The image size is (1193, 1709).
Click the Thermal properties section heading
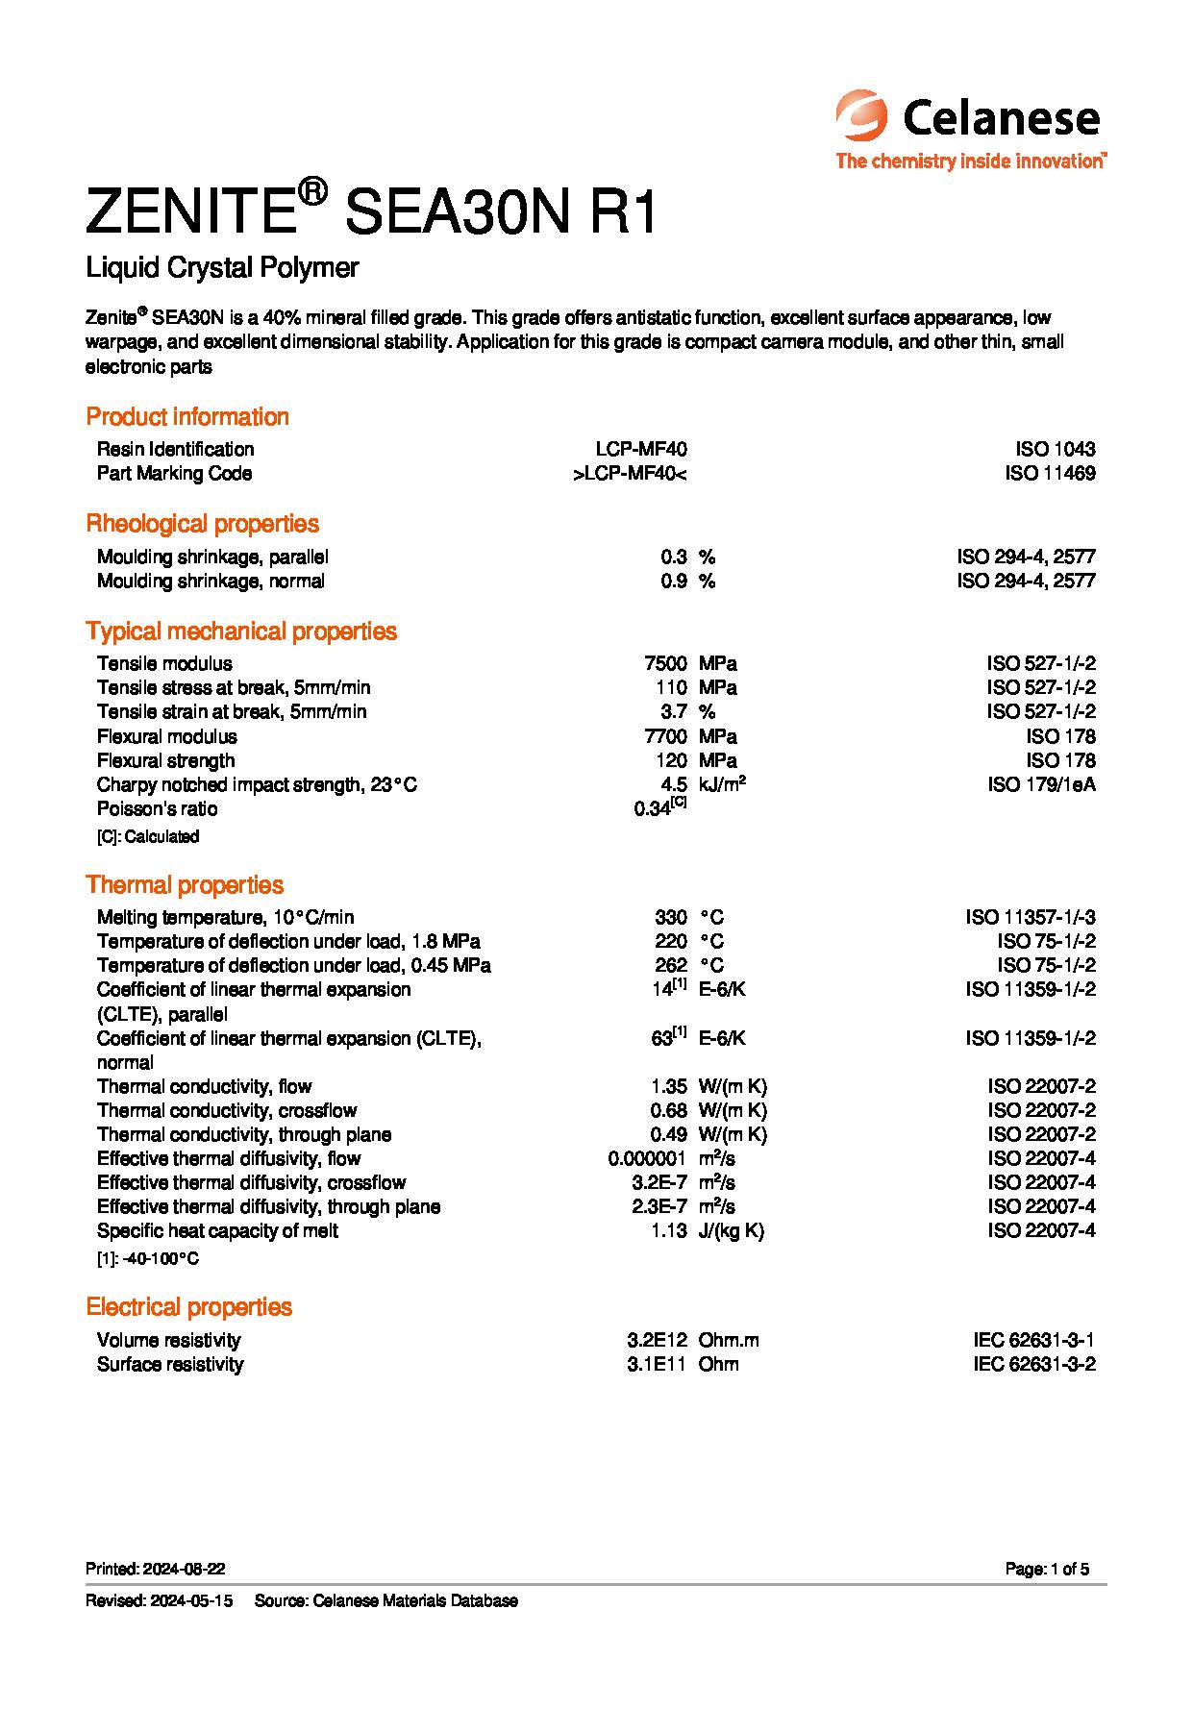[185, 884]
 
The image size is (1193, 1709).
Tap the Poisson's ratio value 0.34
[652, 809]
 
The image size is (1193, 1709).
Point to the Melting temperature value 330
[671, 917]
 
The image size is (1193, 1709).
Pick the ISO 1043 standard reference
[1055, 449]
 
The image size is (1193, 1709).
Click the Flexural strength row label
[165, 760]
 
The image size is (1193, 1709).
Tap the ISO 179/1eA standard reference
[1041, 784]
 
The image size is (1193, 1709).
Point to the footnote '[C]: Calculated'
[148, 836]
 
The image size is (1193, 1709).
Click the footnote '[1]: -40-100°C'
[148, 1258]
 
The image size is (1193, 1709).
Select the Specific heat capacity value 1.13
[668, 1230]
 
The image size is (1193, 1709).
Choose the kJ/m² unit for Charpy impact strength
[722, 784]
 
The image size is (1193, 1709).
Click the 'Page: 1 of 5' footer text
[1047, 1569]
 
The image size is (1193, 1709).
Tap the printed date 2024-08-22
[184, 1569]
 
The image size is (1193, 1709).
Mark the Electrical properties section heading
[188, 1306]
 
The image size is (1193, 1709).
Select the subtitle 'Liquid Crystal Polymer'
[222, 267]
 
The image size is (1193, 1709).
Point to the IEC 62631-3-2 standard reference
[1033, 1364]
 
